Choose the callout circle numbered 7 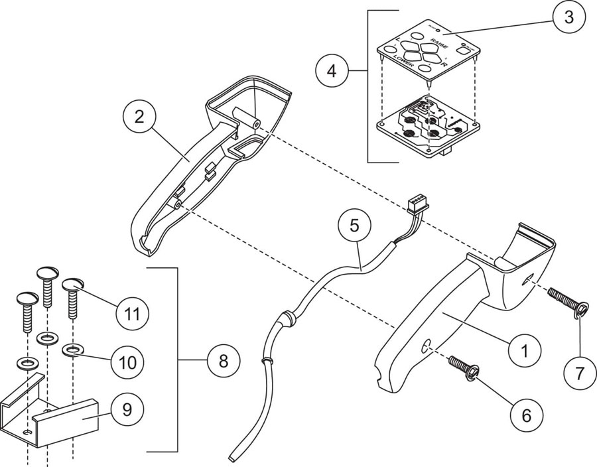580,372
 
